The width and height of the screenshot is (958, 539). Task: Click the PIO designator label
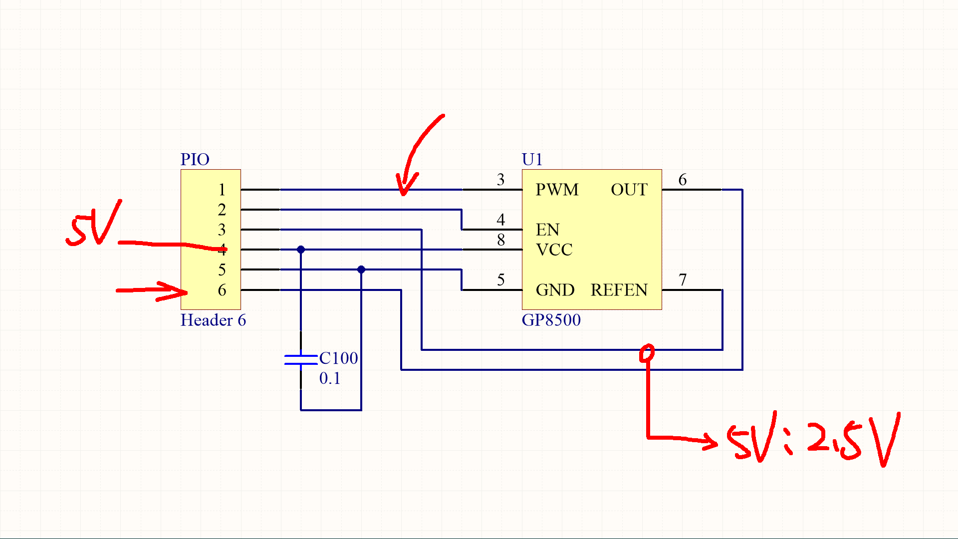pyautogui.click(x=195, y=160)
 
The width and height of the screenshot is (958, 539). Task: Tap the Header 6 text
pyautogui.click(x=213, y=320)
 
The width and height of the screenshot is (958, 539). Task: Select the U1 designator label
pyautogui.click(x=532, y=160)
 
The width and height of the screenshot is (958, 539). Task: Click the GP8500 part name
pyautogui.click(x=551, y=320)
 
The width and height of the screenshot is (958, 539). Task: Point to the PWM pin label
pyautogui.click(x=557, y=190)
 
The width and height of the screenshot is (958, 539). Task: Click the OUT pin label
pyautogui.click(x=629, y=190)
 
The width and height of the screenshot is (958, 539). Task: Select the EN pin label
pyautogui.click(x=547, y=230)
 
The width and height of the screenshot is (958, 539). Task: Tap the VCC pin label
pyautogui.click(x=554, y=250)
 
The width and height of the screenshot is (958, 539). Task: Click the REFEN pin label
pyautogui.click(x=619, y=290)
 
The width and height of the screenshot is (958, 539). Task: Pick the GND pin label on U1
pyautogui.click(x=555, y=290)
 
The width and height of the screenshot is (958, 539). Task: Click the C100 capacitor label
pyautogui.click(x=338, y=358)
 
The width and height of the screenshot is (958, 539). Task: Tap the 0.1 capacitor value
pyautogui.click(x=330, y=378)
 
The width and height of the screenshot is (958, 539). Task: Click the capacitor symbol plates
pyautogui.click(x=301, y=359)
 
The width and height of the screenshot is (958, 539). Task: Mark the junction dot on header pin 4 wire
pyautogui.click(x=301, y=250)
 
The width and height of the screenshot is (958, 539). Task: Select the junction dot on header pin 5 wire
pyautogui.click(x=361, y=269)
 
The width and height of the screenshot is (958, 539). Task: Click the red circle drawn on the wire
pyautogui.click(x=647, y=353)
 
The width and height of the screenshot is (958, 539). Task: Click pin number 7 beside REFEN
pyautogui.click(x=683, y=279)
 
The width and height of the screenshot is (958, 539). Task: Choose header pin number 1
pyautogui.click(x=222, y=190)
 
